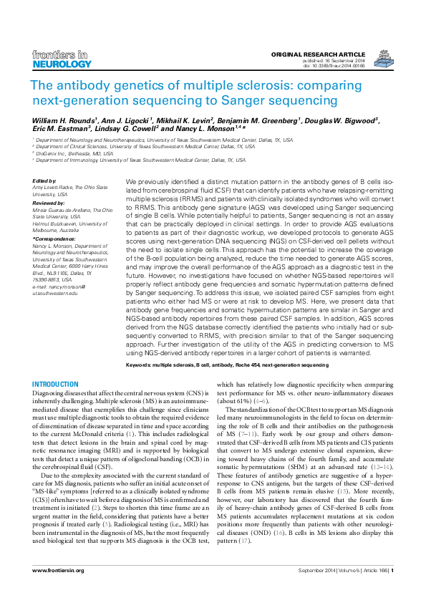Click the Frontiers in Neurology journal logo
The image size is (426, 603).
tap(62, 59)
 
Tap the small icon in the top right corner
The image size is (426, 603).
tap(385, 57)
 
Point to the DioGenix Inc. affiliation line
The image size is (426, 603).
tap(73, 153)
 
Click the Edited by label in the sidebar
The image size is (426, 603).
tap(44, 180)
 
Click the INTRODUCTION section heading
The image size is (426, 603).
tap(56, 385)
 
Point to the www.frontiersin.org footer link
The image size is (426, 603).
tap(58, 570)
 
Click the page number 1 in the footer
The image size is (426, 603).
tap(392, 570)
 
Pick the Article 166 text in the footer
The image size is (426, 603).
tap(374, 570)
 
